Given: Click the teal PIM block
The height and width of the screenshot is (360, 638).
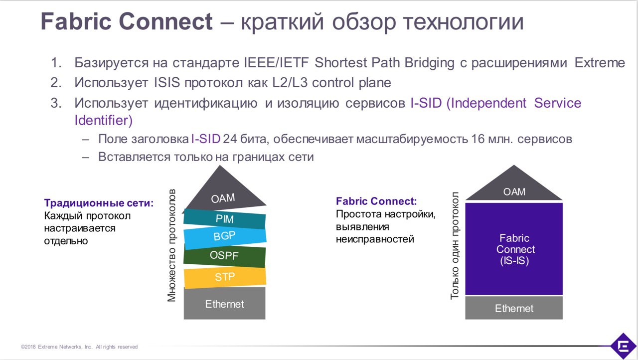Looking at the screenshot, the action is [224, 219].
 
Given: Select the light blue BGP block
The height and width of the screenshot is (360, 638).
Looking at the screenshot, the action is [225, 236].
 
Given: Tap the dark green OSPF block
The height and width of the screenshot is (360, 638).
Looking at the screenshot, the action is [224, 255].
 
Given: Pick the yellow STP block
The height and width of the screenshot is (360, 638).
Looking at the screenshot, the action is [225, 277].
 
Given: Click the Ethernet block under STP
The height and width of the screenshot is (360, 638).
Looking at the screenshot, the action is [224, 304].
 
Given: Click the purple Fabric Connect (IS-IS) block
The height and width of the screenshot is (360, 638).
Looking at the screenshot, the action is [514, 249].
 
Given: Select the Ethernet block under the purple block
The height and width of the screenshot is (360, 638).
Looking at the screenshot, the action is [514, 308].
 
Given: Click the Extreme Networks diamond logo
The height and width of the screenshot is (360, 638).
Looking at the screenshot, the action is [624, 346].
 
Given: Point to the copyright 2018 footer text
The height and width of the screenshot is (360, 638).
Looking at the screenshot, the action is [79, 347].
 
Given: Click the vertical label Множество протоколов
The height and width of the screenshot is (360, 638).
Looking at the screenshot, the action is [171, 245].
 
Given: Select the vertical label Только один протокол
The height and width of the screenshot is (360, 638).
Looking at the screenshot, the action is [455, 245].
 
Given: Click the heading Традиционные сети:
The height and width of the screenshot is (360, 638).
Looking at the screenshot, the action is [99, 203].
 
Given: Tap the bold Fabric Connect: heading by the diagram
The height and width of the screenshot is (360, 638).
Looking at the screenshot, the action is [376, 201].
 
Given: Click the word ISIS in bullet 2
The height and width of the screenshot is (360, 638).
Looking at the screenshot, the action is [167, 83].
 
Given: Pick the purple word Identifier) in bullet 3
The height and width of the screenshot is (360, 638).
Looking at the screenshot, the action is [103, 120].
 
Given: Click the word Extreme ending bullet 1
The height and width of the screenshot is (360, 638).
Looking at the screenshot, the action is [600, 63].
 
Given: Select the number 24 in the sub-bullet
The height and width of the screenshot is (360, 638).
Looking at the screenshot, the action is [230, 139].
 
